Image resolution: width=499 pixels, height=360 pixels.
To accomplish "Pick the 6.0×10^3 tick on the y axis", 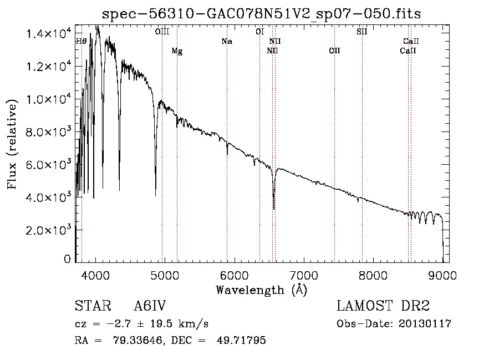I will pyautogui.click(x=49, y=165).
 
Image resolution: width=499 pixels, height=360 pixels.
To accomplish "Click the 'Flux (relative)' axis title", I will pyautogui.click(x=12, y=143).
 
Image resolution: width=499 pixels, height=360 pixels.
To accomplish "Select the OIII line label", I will pyautogui.click(x=162, y=32).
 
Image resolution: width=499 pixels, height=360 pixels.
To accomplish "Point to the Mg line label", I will pyautogui.click(x=177, y=51).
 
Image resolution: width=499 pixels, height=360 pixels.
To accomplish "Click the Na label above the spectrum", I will pyautogui.click(x=226, y=42).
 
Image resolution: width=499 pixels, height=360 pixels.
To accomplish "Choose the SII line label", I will pyautogui.click(x=361, y=32).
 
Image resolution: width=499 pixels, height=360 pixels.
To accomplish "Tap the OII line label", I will pyautogui.click(x=334, y=51).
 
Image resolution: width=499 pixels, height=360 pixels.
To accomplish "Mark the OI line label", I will pyautogui.click(x=259, y=32).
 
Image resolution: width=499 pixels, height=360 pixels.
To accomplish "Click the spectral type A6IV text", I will pyautogui.click(x=150, y=306).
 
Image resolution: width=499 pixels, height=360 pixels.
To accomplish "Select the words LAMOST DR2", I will pyautogui.click(x=383, y=306).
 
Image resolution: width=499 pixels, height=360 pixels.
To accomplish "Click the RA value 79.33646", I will pyautogui.click(x=141, y=341).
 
